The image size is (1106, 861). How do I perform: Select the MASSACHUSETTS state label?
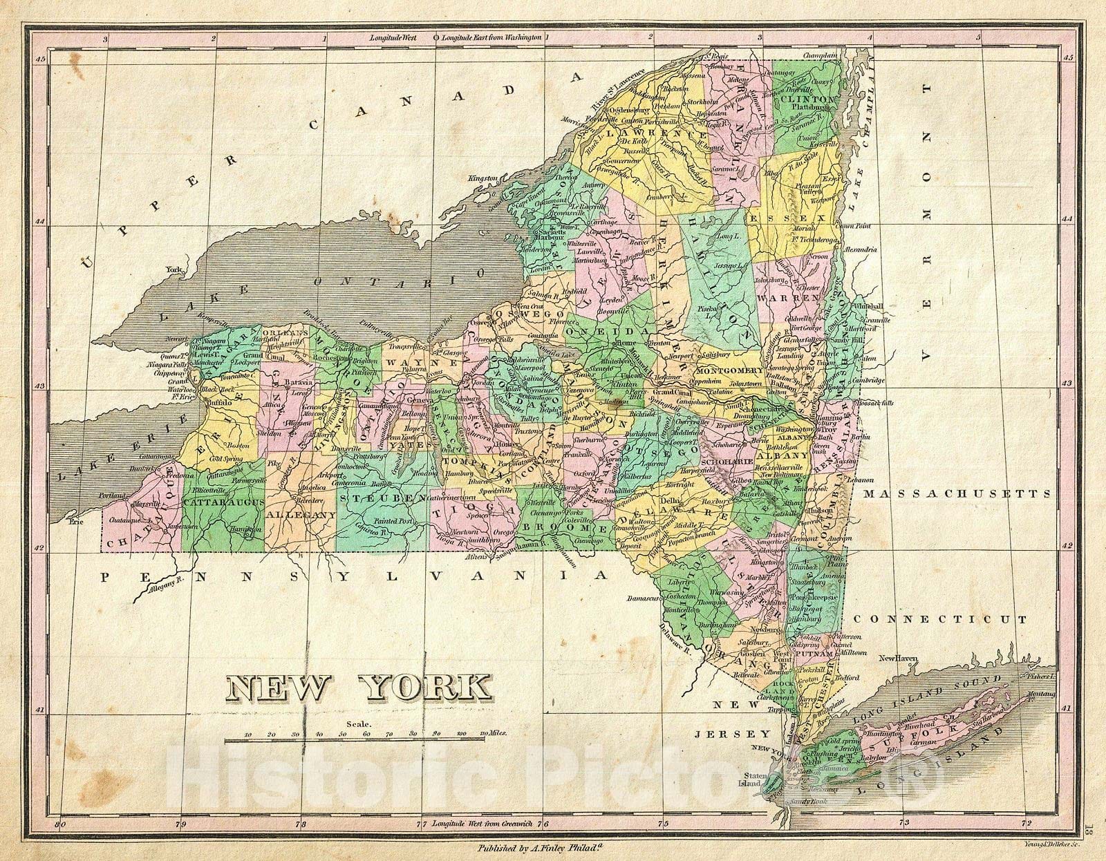(957, 494)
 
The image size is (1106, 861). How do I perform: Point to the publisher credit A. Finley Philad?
(550, 847)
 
